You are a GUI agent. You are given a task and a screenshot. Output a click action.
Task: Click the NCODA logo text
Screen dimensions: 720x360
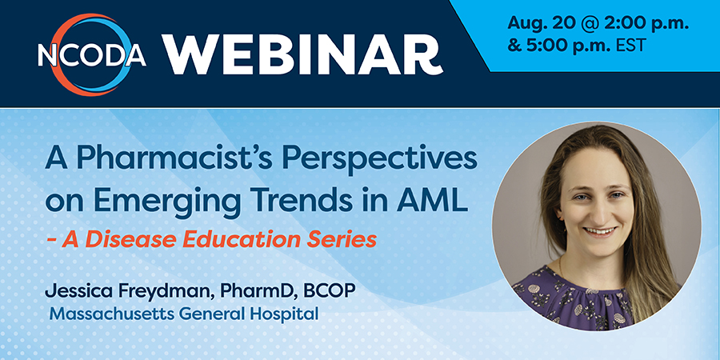pyautogui.click(x=92, y=56)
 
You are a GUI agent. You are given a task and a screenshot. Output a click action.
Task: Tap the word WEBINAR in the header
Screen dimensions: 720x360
pyautogui.click(x=302, y=54)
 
